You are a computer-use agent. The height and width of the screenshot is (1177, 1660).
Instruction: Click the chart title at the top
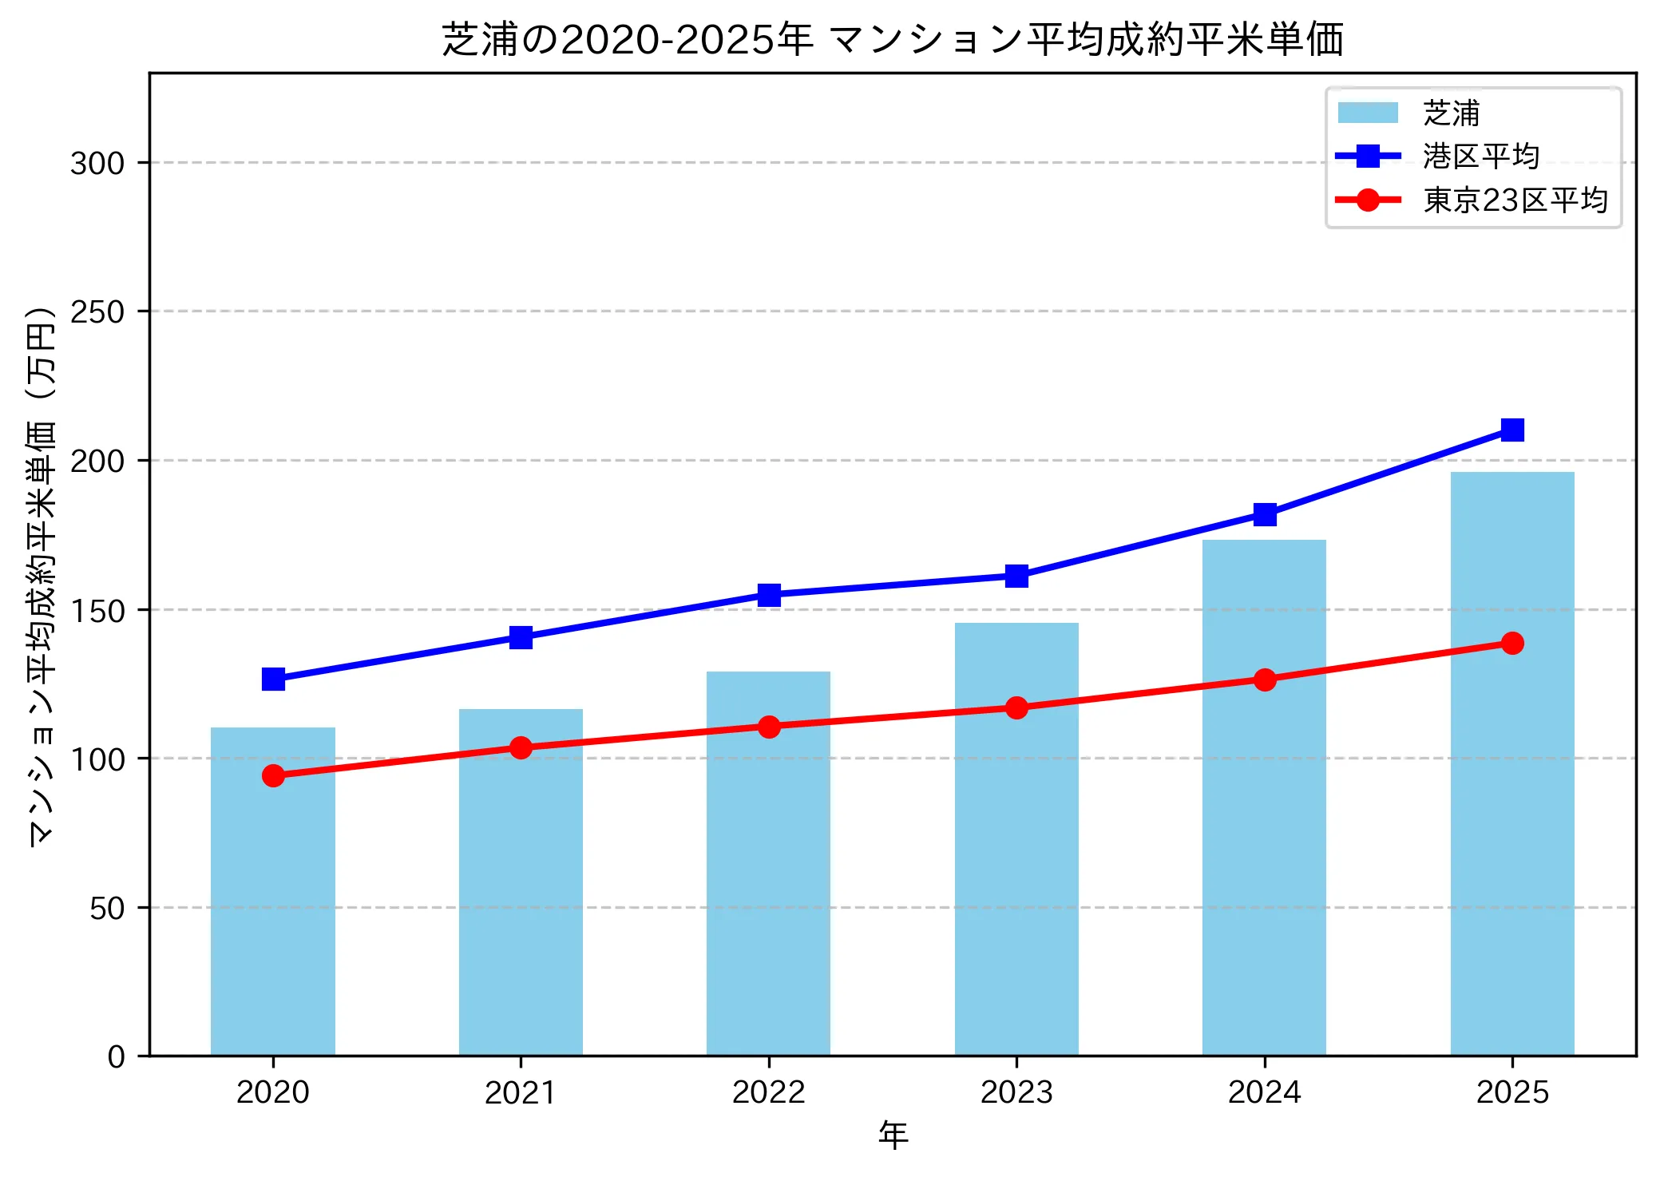tap(893, 38)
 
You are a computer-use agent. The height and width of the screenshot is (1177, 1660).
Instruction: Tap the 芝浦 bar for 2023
tap(1016, 838)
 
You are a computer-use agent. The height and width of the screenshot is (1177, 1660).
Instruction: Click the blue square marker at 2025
tap(1512, 430)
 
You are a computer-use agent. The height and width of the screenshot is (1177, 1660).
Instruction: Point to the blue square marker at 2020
tap(273, 680)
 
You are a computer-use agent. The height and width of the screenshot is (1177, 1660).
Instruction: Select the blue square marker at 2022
tap(769, 595)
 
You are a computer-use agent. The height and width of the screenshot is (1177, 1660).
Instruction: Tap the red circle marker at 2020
tap(273, 775)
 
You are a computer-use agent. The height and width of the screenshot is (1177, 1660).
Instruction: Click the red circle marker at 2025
tap(1512, 643)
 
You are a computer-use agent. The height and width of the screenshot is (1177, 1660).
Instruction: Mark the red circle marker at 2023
tap(1016, 708)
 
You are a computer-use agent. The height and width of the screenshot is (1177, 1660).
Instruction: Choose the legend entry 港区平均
tap(1480, 157)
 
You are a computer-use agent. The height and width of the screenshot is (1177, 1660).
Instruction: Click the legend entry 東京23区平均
tap(1515, 200)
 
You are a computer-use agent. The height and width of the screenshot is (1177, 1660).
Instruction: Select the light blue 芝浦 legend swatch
tap(1368, 113)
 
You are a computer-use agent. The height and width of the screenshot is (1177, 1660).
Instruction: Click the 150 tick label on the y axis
tap(97, 611)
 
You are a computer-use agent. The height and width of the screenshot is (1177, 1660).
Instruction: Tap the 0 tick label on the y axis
tap(117, 1057)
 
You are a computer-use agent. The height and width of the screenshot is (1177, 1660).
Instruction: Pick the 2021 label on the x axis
tap(521, 1092)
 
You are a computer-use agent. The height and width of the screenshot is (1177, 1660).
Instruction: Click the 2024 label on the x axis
tap(1264, 1092)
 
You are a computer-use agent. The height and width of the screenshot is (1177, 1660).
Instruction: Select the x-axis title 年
tap(893, 1135)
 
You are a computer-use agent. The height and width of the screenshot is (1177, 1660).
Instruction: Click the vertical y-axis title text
tap(42, 575)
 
